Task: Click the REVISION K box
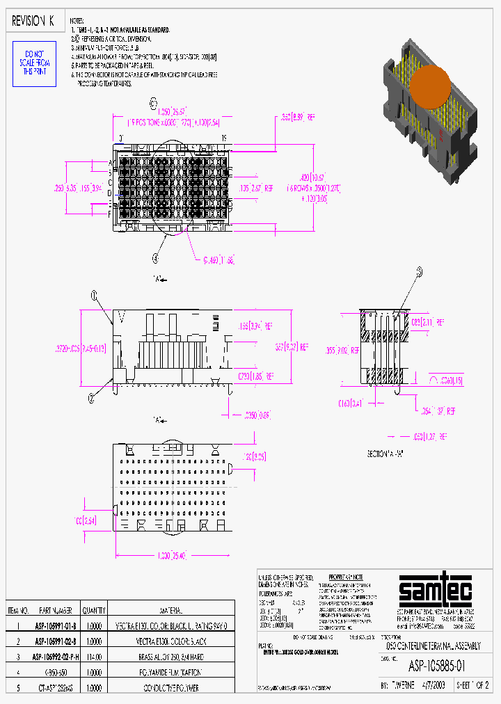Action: [x=33, y=21]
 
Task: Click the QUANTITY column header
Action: [x=93, y=611]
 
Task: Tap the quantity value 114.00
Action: [x=93, y=656]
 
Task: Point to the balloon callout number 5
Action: [x=419, y=272]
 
